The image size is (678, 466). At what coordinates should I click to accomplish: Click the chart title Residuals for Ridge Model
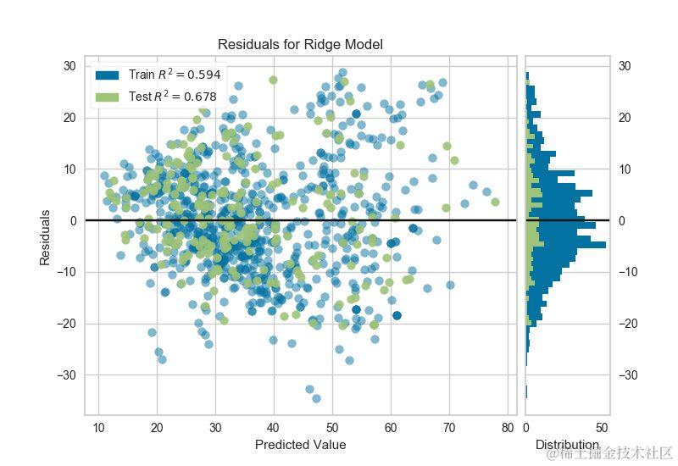pos(301,44)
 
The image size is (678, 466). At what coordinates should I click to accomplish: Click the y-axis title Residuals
pos(45,238)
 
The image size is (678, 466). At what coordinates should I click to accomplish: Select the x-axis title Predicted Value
pos(300,444)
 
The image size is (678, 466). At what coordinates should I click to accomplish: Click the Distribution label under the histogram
pos(567,444)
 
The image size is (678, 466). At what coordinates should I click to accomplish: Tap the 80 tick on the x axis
pos(508,427)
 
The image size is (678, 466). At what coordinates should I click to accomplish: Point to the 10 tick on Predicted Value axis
pos(98,427)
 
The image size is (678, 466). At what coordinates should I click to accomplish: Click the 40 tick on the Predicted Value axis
pos(273,427)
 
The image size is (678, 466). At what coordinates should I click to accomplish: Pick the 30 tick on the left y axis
pos(69,66)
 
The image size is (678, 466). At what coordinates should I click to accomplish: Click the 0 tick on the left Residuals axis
pos(72,220)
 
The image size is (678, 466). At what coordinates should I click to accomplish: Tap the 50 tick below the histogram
pos(603,427)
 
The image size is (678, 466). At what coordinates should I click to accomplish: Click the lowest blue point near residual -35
pos(316,398)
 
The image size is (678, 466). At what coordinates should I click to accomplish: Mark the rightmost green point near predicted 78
pos(495,202)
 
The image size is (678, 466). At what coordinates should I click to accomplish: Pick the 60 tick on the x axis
pos(391,427)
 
